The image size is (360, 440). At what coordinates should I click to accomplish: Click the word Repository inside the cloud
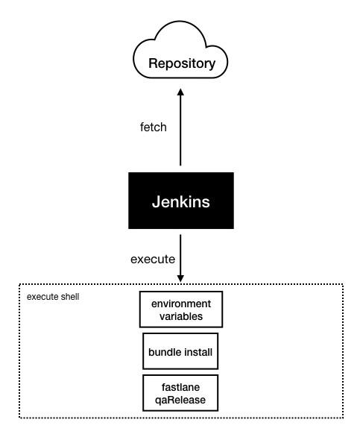tap(182, 64)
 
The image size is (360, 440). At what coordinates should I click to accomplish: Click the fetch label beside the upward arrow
tap(153, 128)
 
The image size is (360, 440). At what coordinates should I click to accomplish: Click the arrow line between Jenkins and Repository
tap(180, 134)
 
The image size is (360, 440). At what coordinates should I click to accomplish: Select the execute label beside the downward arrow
tap(153, 260)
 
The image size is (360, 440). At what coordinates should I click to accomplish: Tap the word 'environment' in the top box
tap(181, 304)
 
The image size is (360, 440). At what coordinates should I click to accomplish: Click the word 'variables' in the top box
tap(180, 316)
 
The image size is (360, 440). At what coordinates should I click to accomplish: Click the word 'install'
tap(197, 351)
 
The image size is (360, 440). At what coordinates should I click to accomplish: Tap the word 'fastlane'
tap(180, 387)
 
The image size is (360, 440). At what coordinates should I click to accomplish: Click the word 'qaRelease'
tap(180, 400)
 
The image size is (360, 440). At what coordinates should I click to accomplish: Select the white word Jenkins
tap(180, 202)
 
